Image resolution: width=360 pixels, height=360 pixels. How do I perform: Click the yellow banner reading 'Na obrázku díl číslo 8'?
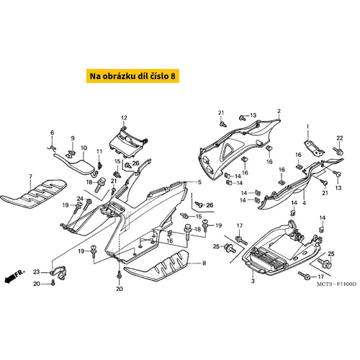point(132,76)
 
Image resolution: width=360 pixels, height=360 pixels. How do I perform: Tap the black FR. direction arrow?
point(9,279)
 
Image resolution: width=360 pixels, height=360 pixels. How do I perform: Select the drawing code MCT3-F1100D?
point(337,284)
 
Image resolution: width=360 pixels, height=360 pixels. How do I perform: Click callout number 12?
point(124,118)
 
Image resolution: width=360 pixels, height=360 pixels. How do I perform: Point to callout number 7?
point(30,176)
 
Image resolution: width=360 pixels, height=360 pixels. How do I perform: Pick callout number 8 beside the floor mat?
point(204,264)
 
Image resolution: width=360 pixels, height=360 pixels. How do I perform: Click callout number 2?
point(279,111)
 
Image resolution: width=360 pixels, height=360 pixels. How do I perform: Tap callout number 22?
point(340,138)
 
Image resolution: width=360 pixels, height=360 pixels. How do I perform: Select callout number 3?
point(253,281)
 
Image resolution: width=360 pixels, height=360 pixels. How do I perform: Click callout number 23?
point(36,272)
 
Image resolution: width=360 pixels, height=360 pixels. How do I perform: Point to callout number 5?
point(199,182)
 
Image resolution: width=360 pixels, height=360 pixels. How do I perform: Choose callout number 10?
point(84,148)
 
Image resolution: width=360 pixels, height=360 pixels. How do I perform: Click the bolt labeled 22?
point(338,151)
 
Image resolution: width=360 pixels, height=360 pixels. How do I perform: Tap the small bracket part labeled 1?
point(314,148)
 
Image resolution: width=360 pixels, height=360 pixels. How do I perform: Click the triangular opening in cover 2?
point(226,150)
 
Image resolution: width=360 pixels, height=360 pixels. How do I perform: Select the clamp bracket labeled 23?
point(59,273)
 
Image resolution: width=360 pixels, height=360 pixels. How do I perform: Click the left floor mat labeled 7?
point(34,193)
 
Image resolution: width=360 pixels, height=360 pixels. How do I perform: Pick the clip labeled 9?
point(71,154)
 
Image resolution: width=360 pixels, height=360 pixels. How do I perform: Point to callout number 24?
point(80,199)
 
